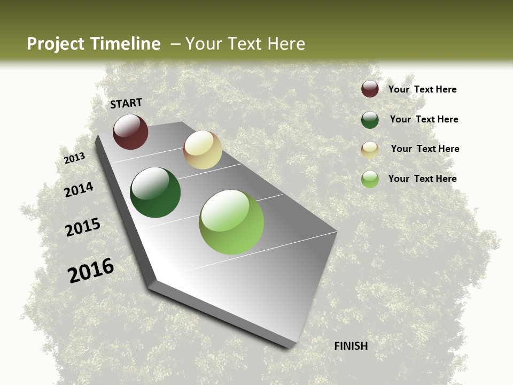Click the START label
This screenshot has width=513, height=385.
click(126, 103)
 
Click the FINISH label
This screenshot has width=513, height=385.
click(351, 346)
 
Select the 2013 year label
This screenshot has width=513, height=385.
click(75, 158)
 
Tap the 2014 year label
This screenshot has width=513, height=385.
click(79, 189)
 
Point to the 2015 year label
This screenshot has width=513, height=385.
click(83, 227)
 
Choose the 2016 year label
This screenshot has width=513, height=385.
click(91, 271)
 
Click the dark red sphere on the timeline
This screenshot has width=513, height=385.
click(130, 132)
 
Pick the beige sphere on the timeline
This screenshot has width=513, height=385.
click(203, 150)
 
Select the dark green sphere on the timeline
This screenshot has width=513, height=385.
click(156, 192)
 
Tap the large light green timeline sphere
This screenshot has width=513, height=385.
click(231, 222)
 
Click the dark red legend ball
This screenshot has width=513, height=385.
click(370, 89)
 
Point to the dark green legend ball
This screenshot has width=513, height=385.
click(370, 120)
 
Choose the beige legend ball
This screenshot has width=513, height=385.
click(370, 150)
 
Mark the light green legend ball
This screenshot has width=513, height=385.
click(370, 179)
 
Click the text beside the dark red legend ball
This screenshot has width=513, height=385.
click(423, 89)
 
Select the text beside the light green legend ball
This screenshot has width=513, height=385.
click(423, 179)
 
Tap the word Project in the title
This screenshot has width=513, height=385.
click(55, 44)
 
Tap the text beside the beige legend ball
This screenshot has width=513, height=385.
click(425, 149)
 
